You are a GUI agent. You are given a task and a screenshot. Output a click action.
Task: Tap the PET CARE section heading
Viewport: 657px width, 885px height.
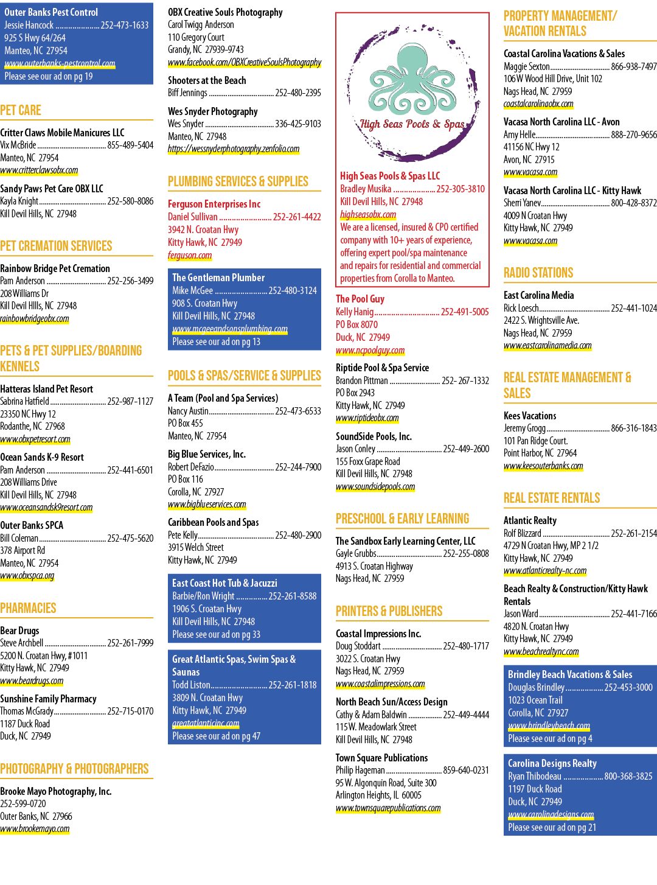point(21,110)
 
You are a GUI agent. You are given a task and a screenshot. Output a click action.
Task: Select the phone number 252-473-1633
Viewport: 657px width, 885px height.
point(125,25)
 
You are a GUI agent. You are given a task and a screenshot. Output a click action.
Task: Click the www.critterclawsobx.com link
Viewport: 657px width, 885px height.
point(39,170)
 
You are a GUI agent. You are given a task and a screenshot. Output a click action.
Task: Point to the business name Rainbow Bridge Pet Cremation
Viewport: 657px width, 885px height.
point(55,268)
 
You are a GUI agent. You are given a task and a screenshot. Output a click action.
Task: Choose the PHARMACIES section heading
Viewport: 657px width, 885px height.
point(28,607)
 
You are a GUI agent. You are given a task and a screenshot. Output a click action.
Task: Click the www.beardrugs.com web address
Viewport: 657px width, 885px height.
point(32,680)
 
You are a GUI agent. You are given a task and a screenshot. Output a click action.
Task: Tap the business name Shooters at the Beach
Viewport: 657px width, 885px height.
point(207,80)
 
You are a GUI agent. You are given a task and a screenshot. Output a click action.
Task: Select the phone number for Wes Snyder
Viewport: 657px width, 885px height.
point(298,124)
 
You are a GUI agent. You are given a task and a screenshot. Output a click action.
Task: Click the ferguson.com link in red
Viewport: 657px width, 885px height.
point(190,255)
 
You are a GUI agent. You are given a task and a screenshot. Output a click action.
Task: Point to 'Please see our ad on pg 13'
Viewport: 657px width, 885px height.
point(216,341)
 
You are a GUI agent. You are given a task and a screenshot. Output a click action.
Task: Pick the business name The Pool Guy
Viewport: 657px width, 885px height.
point(360,298)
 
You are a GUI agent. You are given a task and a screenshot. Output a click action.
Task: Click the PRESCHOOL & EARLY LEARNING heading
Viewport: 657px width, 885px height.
point(403,519)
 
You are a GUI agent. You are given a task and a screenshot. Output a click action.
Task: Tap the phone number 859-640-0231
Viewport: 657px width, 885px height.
point(466,770)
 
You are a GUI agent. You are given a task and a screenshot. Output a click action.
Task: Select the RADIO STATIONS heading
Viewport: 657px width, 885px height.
point(538,273)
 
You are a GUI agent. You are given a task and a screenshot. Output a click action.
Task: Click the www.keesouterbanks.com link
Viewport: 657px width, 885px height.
point(543,466)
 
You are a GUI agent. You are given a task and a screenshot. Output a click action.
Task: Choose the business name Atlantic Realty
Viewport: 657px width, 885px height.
point(530,520)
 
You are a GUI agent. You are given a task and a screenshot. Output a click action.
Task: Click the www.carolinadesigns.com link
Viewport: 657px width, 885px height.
point(551,814)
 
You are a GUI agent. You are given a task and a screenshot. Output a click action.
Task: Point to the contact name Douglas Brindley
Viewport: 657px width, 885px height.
point(536,687)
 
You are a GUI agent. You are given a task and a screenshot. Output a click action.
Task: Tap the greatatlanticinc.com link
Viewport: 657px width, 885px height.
point(206,723)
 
